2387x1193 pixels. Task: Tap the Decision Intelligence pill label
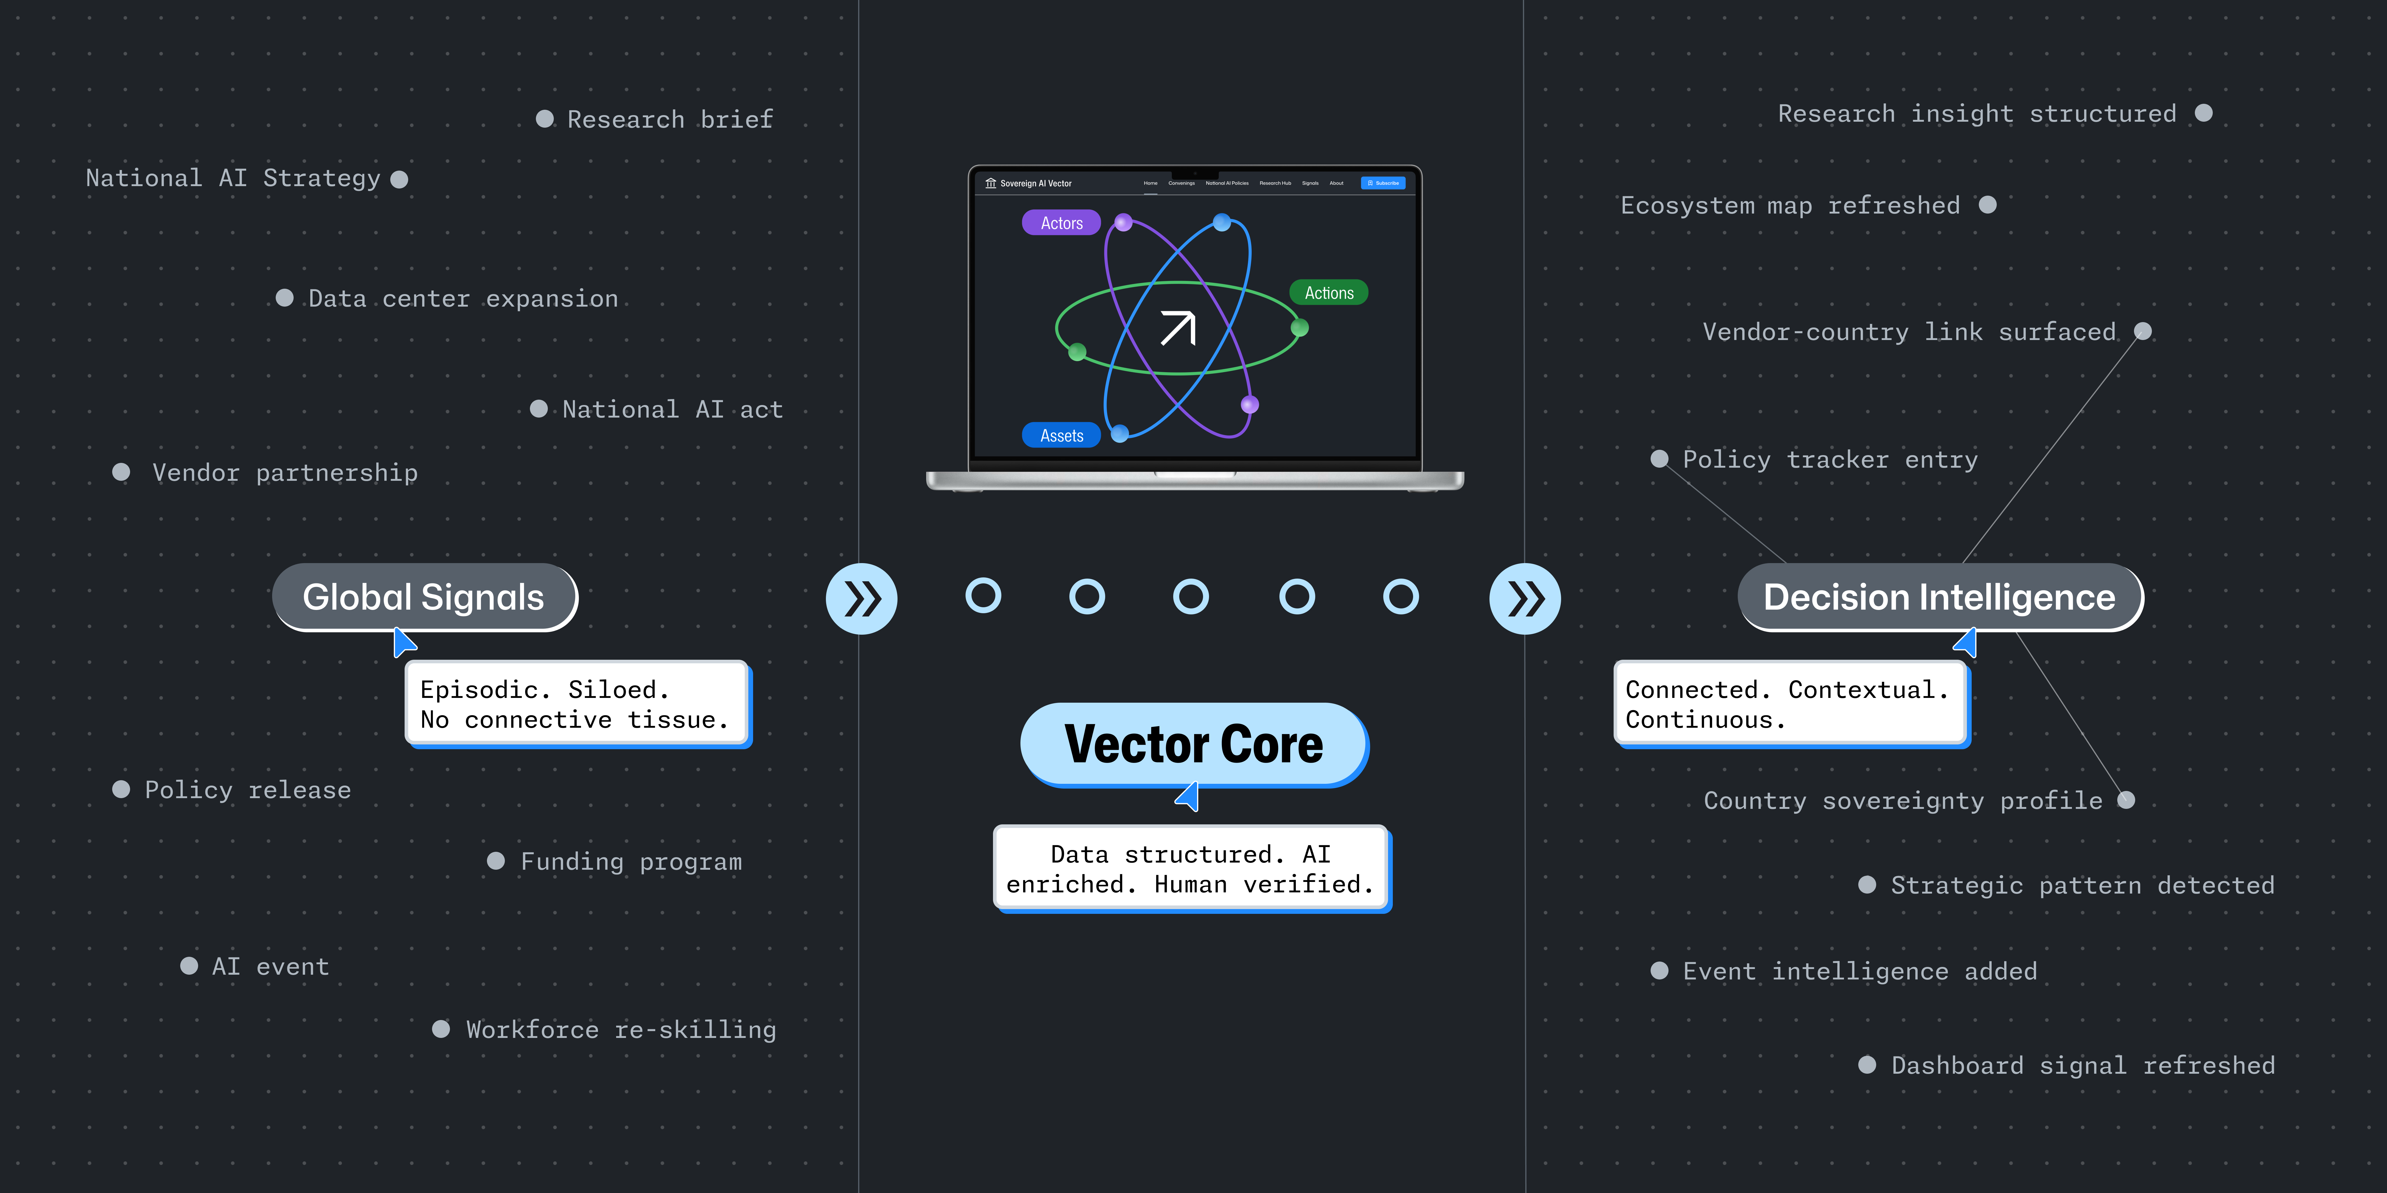1939,597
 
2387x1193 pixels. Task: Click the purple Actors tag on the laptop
1061,223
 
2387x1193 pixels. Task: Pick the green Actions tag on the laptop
1329,293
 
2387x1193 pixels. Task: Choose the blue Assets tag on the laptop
1061,435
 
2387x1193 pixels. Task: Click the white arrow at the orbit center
1178,328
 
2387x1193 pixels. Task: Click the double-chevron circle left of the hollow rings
861,598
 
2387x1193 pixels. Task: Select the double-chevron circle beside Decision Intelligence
1524,598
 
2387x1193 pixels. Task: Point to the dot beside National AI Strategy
400,179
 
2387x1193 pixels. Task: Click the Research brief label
669,120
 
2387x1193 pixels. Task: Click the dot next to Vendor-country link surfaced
2142,332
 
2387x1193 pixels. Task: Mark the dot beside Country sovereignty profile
2127,800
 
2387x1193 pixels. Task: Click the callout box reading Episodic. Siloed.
576,704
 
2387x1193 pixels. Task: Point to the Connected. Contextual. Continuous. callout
1790,704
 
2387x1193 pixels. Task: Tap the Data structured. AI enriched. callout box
1191,869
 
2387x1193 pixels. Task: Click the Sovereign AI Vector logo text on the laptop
1035,183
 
